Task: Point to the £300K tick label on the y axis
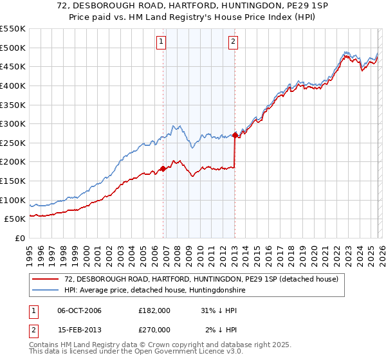[x=13, y=123]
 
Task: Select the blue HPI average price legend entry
[x=155, y=291]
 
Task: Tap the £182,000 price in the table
[x=154, y=310]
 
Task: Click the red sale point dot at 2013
[x=235, y=135]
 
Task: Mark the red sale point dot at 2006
[x=163, y=168]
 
